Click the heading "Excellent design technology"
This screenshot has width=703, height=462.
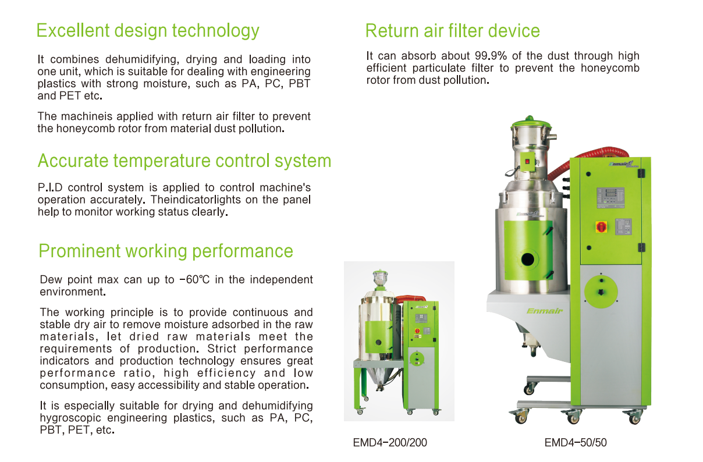[x=148, y=31]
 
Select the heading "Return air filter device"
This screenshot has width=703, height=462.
[x=453, y=31]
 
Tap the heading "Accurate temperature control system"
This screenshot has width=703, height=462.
[x=184, y=161]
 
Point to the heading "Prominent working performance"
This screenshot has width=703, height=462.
[x=166, y=251]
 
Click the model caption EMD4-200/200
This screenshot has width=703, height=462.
[x=390, y=443]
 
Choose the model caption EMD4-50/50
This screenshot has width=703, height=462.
[x=576, y=443]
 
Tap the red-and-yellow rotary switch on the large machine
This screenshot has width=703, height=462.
[x=601, y=226]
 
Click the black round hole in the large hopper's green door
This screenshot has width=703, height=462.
[x=528, y=260]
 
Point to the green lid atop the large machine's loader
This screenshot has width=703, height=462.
[x=531, y=123]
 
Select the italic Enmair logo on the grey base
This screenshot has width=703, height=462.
[x=545, y=311]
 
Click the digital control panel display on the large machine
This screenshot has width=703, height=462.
[x=610, y=198]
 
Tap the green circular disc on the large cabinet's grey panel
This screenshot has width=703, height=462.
[x=601, y=292]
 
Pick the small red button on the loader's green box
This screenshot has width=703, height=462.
[x=527, y=161]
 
